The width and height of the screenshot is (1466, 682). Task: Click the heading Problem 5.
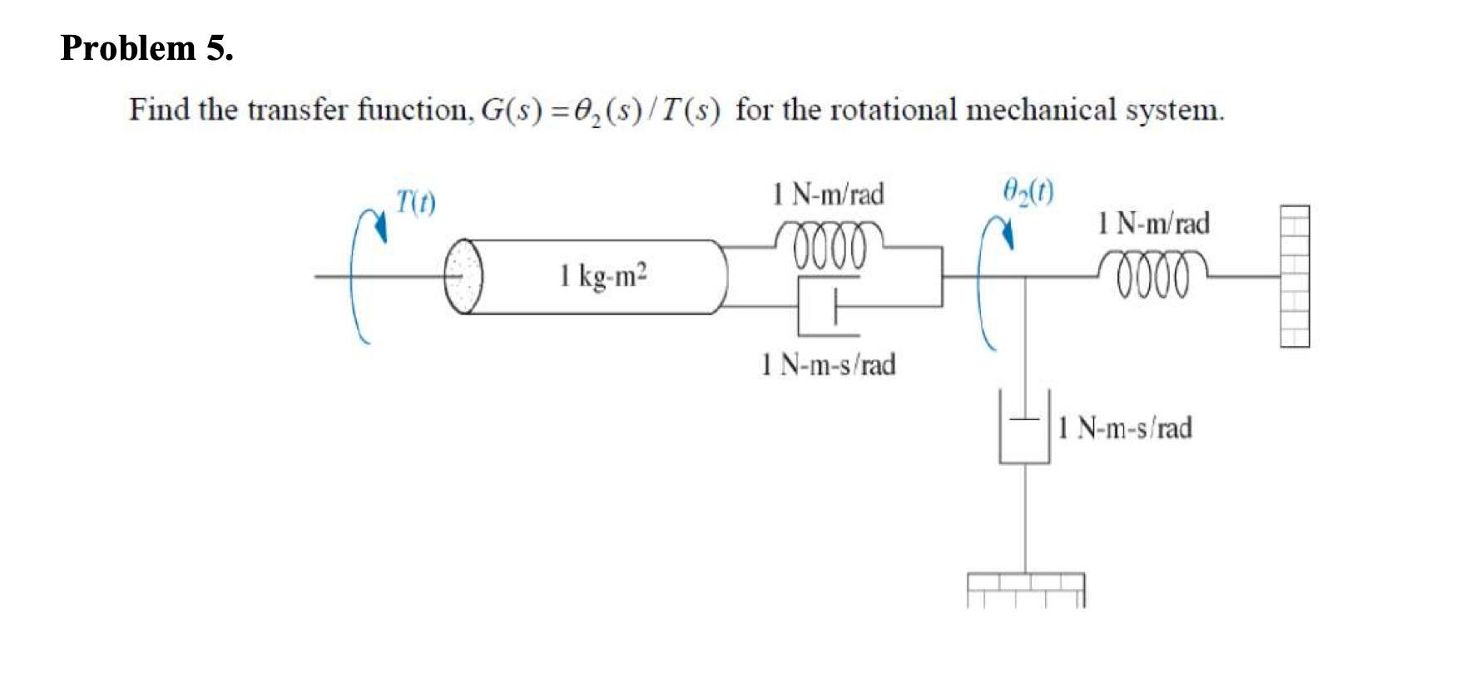[146, 48]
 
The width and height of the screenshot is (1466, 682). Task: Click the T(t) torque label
[415, 202]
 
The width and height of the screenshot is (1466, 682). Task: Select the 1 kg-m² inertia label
[603, 275]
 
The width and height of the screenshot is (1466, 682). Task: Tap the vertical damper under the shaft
[1024, 427]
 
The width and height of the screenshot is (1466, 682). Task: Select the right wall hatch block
[1294, 275]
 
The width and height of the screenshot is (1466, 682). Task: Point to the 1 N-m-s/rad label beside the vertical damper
[1125, 428]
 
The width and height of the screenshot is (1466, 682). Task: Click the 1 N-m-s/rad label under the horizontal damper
[828, 364]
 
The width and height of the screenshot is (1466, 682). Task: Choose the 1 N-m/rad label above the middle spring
[828, 195]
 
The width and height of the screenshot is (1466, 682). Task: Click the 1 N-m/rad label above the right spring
[1153, 223]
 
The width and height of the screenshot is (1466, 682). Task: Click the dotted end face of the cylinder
[463, 276]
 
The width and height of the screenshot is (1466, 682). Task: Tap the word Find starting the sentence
[159, 110]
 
